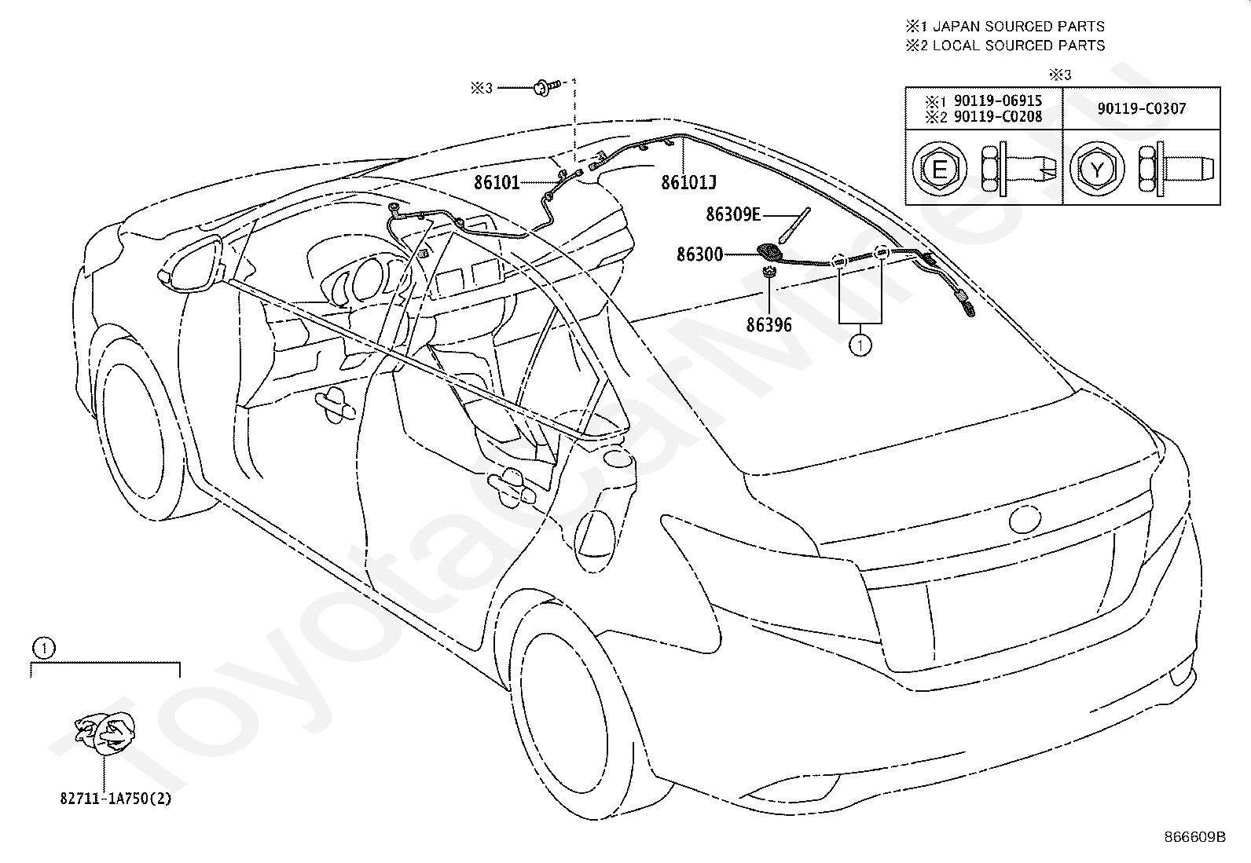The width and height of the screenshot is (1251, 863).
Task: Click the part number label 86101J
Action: pos(688,182)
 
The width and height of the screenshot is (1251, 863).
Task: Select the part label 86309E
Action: pos(733,214)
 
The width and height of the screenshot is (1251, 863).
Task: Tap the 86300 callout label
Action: pos(700,254)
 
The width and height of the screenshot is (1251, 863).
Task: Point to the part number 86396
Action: pos(769,325)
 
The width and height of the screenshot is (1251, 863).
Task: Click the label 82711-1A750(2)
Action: pos(116,799)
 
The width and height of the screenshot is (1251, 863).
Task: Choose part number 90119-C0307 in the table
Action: pos(1142,108)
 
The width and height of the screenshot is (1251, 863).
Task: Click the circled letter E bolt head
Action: pos(939,169)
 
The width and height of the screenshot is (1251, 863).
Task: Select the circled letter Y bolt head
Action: pos(1097,169)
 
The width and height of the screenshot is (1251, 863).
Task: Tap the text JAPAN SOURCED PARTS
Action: pos(1018,26)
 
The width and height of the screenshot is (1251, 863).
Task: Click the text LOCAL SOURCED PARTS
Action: pos(1018,46)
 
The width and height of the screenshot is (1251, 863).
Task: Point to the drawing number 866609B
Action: pos(1195,837)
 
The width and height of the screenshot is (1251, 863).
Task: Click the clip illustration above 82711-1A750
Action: pos(105,733)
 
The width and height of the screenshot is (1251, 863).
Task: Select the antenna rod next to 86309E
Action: pos(794,225)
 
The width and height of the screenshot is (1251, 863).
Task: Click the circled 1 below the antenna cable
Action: pos(860,346)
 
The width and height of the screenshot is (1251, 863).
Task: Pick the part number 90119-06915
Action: pos(998,101)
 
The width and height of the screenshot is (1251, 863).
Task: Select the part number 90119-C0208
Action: pos(998,117)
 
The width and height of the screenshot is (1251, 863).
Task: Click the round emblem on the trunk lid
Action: pos(1025,518)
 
